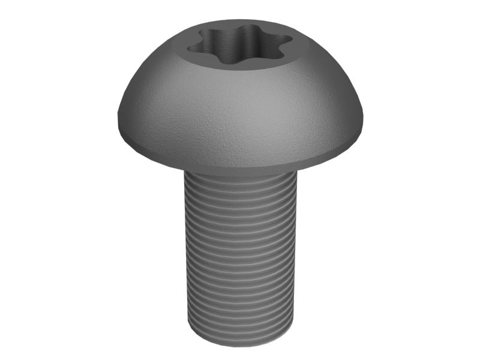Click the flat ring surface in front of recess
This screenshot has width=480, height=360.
(x=240, y=68)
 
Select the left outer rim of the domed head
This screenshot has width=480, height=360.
(x=118, y=117)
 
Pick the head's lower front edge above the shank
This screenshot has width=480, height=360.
(x=240, y=170)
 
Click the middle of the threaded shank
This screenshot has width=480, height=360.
(x=240, y=258)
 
